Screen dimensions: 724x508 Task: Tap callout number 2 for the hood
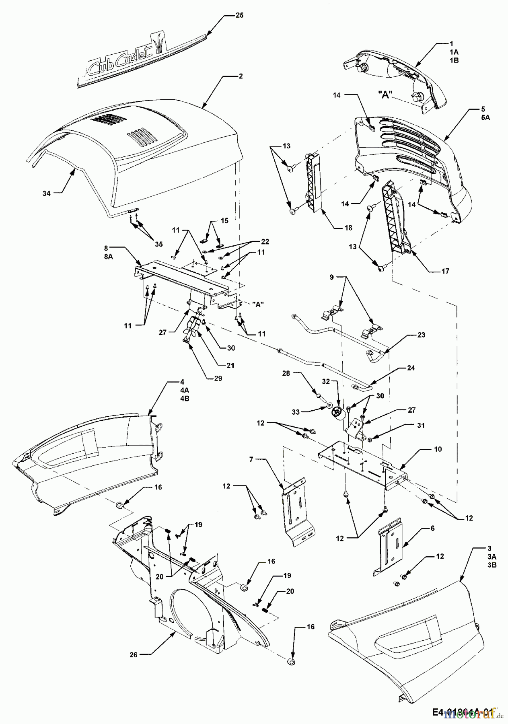tap(240, 76)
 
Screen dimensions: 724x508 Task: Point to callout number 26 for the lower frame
tap(133, 655)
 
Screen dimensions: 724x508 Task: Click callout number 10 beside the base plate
tap(438, 449)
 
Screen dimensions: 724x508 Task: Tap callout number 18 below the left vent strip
tap(348, 228)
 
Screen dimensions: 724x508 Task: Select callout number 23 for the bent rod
tap(421, 335)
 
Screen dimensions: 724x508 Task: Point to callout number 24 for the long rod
tap(422, 368)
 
